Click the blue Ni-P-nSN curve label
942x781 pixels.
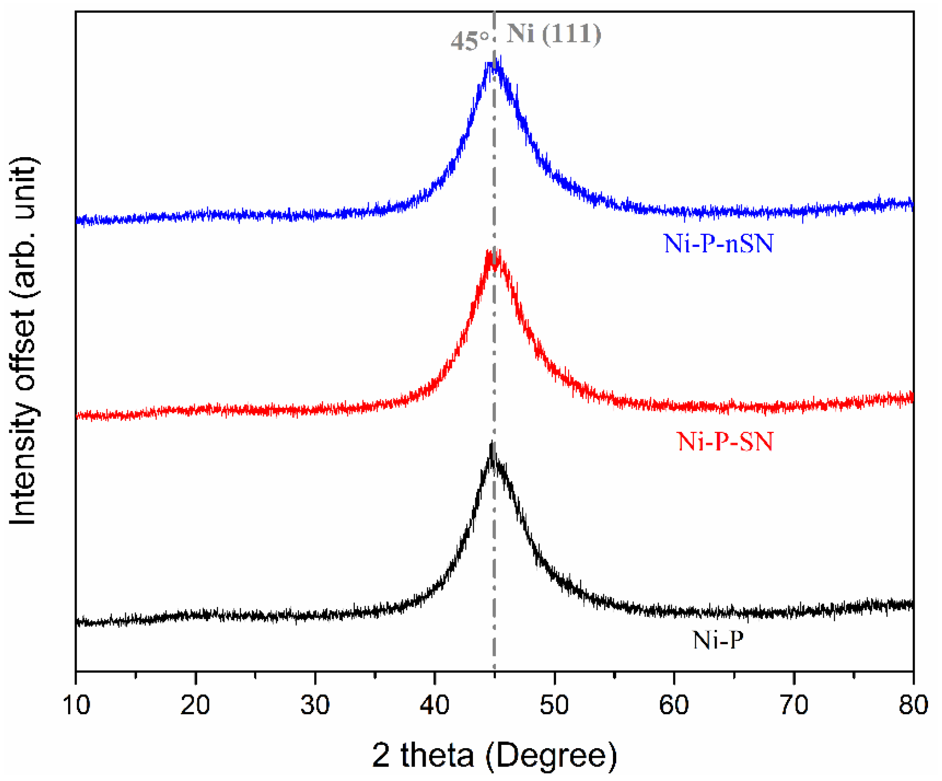719,244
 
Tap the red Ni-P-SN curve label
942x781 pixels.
725,442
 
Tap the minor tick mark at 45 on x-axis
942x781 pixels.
494,674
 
